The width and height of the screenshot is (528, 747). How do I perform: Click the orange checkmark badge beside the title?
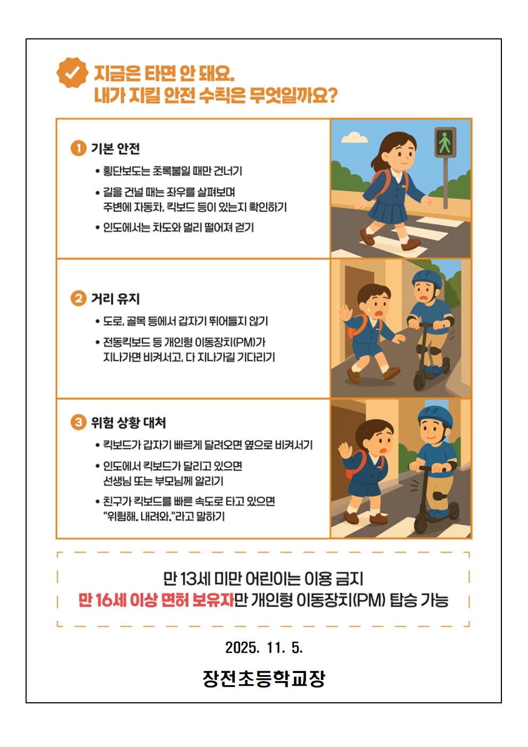point(72,73)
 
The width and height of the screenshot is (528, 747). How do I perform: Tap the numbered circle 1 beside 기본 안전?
point(78,149)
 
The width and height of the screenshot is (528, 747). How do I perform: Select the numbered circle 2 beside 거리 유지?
point(78,299)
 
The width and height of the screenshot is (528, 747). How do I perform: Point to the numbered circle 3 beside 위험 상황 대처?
point(78,423)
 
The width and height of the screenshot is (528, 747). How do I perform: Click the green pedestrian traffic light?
point(445,142)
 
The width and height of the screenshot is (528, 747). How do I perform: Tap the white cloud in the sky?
point(352,137)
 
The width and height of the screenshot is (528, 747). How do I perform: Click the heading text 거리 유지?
point(115,299)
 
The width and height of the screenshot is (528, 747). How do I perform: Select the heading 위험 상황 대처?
point(128,423)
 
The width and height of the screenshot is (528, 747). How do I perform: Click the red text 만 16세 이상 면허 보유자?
point(156,600)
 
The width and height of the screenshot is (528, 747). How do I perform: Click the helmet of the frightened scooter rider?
point(426,280)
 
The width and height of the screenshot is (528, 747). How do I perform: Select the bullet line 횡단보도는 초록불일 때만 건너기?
point(172,171)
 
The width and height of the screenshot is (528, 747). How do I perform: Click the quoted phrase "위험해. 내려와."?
point(139,516)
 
